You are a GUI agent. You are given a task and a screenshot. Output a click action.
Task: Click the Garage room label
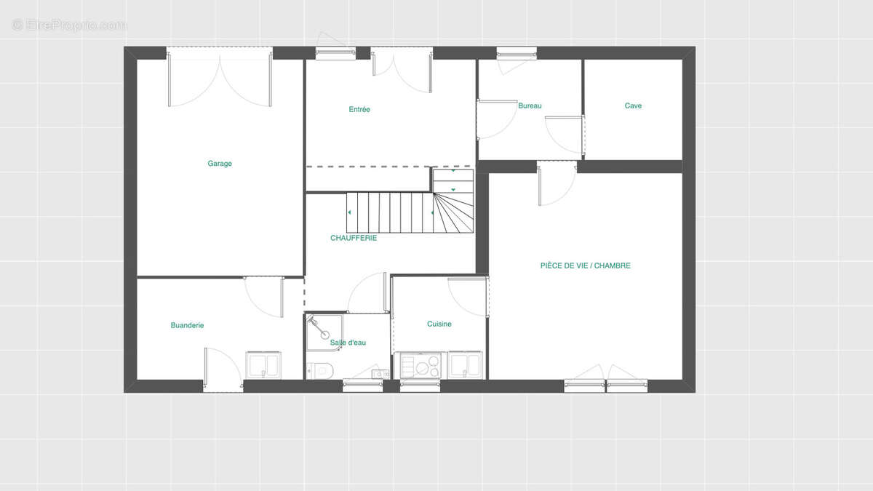click(220, 163)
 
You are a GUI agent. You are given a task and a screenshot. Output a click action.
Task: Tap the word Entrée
click(359, 110)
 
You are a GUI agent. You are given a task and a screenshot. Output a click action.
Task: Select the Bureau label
click(530, 105)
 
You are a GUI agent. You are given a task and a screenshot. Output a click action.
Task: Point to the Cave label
click(633, 105)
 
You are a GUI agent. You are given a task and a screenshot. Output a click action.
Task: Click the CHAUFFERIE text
click(354, 238)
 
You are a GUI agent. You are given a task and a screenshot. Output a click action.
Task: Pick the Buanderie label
click(187, 325)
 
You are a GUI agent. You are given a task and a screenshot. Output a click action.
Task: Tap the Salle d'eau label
click(348, 343)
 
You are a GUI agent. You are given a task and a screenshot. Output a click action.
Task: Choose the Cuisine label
click(439, 324)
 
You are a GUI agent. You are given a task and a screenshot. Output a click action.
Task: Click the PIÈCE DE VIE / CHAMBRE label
click(586, 266)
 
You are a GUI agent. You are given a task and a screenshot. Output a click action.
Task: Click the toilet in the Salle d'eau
click(319, 370)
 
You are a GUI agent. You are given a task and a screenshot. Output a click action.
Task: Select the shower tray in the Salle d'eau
click(324, 332)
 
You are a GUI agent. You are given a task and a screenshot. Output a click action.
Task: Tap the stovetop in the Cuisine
click(420, 365)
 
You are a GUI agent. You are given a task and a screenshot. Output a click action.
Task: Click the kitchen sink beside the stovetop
click(465, 365)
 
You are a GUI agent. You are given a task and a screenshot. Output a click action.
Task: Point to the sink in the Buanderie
click(263, 365)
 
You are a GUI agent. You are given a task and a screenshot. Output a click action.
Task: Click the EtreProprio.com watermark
click(69, 25)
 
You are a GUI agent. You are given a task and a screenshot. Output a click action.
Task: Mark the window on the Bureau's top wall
click(517, 53)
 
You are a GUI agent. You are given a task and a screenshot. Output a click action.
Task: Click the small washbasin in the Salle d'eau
click(380, 374)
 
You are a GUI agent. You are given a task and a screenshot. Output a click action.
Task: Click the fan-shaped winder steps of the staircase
click(454, 212)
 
